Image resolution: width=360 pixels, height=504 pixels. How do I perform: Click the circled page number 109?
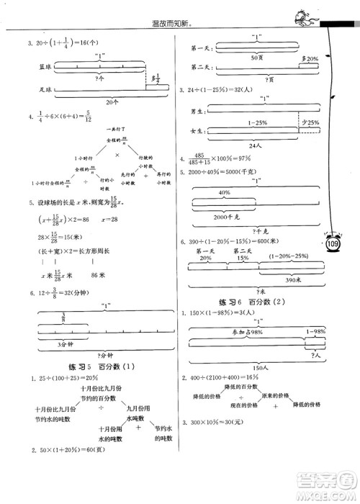332,246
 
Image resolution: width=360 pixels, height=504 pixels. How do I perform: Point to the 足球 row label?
30,91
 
